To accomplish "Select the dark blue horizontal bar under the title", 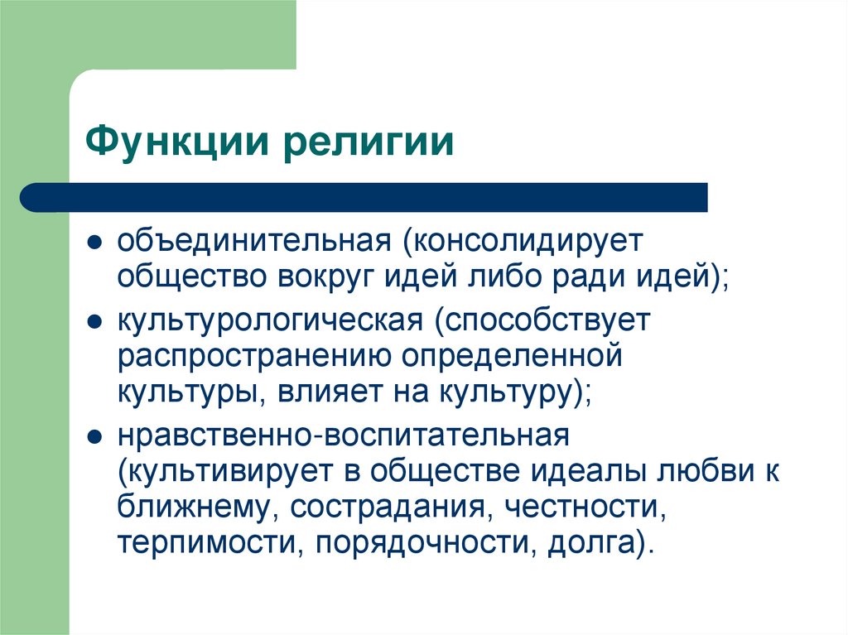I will pos(364,197).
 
